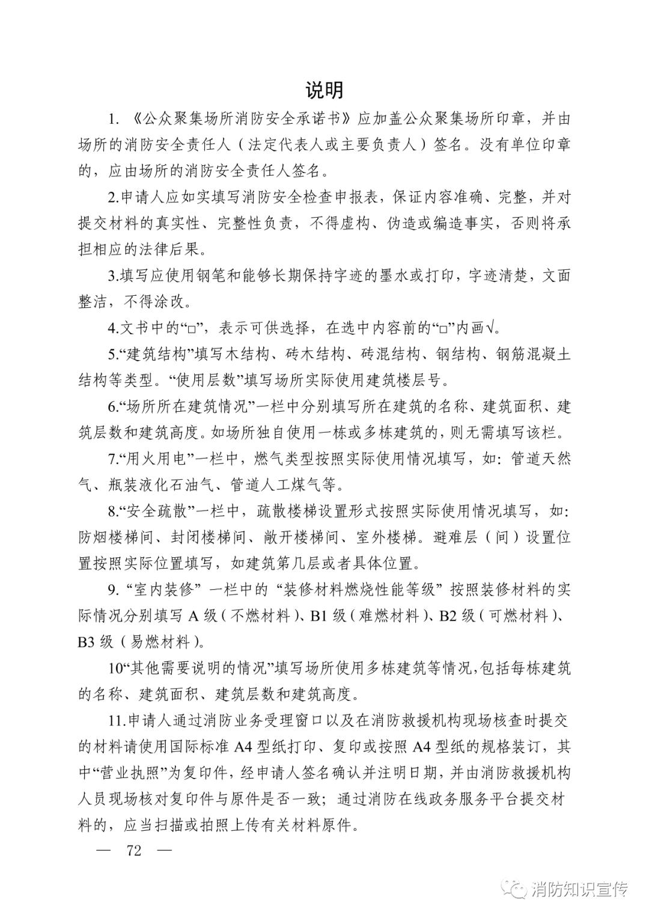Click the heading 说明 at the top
coord(324,90)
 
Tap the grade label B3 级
coord(96,642)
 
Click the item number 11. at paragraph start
coord(116,721)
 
